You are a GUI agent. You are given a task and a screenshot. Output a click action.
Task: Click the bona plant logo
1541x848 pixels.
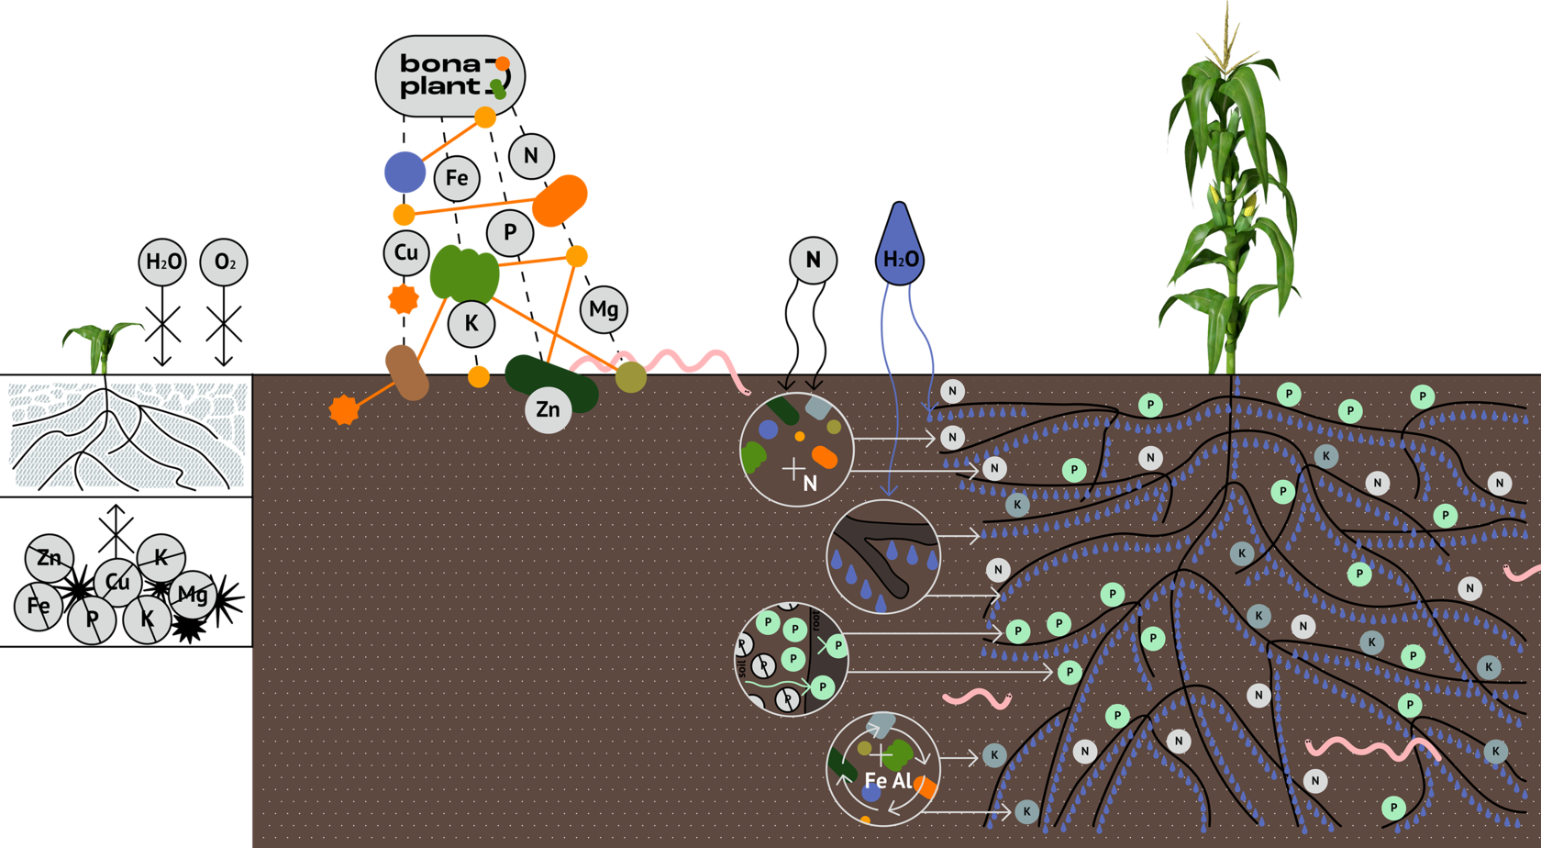point(449,76)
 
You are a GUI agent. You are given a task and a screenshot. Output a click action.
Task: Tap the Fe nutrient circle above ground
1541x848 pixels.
point(456,178)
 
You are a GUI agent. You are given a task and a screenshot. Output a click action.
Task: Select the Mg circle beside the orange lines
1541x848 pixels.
point(604,309)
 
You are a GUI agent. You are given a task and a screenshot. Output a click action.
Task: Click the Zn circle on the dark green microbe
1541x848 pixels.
point(548,409)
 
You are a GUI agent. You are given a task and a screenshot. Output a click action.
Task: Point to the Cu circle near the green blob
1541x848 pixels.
point(405,253)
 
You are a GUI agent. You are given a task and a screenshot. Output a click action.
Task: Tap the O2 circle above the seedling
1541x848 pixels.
point(224,262)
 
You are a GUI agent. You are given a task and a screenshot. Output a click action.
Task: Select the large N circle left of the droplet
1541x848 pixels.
point(813,261)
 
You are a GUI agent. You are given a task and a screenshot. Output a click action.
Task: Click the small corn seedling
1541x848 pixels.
point(101,344)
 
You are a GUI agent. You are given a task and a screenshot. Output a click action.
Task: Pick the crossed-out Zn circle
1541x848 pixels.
point(50,558)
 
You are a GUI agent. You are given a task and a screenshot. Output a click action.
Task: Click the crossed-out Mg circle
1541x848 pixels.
point(193,595)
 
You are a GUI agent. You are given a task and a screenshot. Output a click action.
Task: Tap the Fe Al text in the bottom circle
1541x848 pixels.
point(888,781)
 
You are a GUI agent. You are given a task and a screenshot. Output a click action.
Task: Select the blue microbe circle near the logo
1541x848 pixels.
point(405,172)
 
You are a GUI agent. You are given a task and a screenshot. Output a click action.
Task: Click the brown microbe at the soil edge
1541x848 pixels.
point(406,372)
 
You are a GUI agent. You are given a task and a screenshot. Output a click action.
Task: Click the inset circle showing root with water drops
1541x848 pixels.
point(882,557)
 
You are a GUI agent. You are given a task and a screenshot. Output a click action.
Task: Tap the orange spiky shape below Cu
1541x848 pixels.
point(404,299)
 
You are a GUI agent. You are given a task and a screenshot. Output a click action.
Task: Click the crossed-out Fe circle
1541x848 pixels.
point(39,606)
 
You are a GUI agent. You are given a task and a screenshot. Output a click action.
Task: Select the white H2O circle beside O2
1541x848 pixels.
point(163,262)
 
